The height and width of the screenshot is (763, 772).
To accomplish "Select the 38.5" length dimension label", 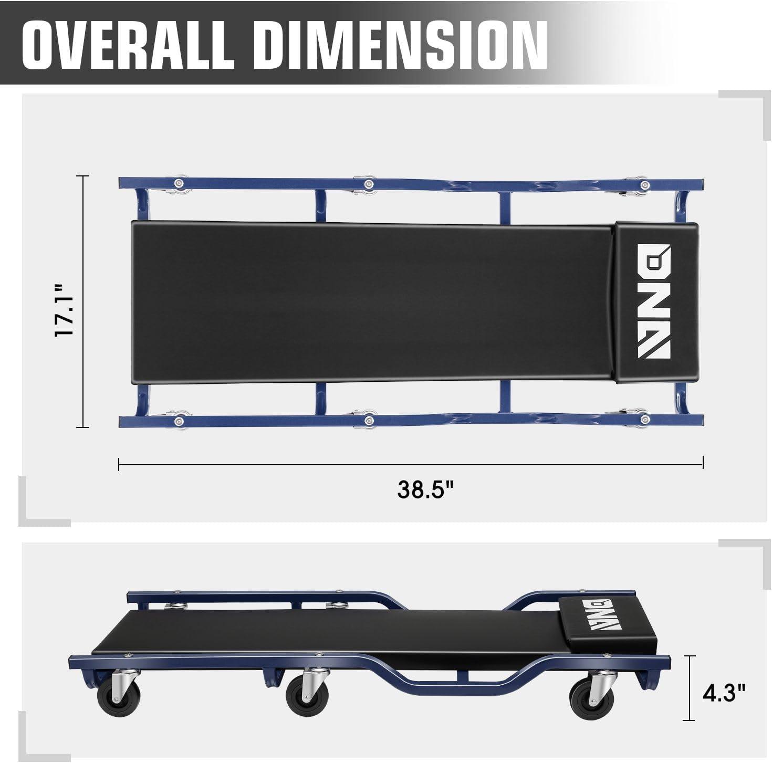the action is pos(426,489).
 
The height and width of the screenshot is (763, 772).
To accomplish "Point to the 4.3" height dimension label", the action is pos(724,693).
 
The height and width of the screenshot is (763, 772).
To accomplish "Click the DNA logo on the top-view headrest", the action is pos(654,301).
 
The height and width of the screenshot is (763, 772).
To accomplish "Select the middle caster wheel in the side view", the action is pos(307,698).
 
